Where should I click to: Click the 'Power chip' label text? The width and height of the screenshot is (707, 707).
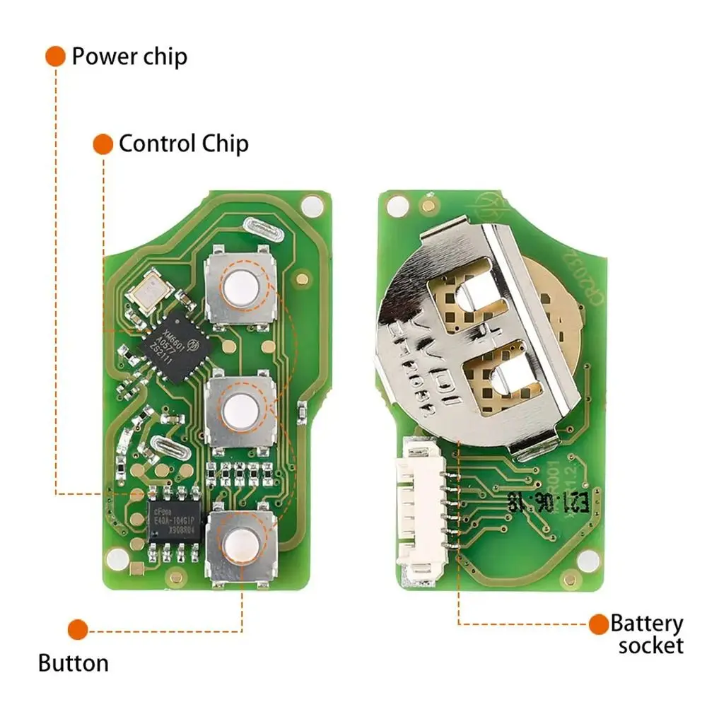click(x=129, y=57)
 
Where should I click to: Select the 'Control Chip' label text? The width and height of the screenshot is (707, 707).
click(x=183, y=144)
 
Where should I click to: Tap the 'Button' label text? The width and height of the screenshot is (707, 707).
click(x=74, y=663)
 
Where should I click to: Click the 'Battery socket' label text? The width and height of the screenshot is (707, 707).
click(x=648, y=634)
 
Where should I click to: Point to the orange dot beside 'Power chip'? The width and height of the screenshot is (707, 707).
click(x=55, y=57)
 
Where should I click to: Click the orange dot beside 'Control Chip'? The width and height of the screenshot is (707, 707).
click(x=103, y=144)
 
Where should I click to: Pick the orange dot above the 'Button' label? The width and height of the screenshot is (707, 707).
click(x=78, y=629)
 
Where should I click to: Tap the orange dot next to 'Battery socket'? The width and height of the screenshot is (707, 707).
click(x=599, y=623)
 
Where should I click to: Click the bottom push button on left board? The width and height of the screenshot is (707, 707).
click(x=240, y=543)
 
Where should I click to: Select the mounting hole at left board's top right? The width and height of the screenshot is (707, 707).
click(x=310, y=206)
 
